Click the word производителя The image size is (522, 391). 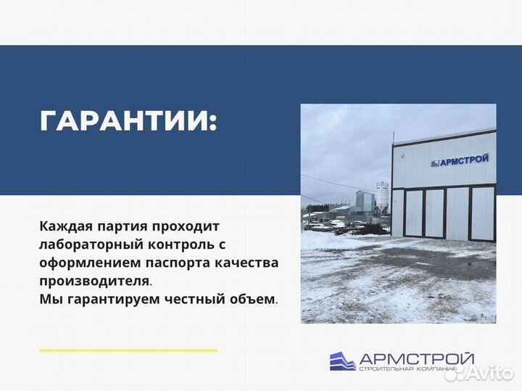[x=95, y=279]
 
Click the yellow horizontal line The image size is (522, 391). [x=128, y=350]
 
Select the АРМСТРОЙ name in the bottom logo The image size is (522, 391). [x=417, y=358]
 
